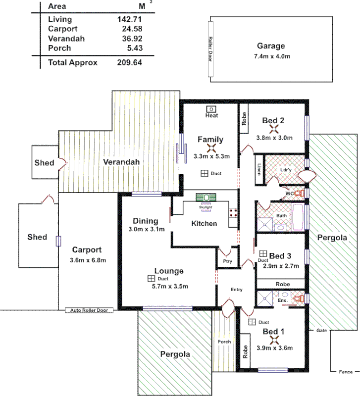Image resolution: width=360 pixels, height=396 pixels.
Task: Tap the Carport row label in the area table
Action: point(62,29)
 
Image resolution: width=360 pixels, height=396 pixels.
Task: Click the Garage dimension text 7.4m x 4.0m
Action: point(271,56)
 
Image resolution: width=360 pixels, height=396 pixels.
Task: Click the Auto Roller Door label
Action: point(89,310)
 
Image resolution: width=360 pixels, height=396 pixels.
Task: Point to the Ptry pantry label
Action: point(228,261)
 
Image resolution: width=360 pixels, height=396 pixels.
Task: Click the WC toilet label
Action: point(289,194)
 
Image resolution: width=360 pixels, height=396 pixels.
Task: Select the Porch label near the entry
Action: point(224,342)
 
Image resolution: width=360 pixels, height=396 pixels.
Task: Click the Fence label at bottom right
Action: point(346,372)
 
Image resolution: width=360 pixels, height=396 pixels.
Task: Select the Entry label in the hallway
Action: point(236,290)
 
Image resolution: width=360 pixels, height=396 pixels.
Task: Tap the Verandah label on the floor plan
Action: point(121,162)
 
